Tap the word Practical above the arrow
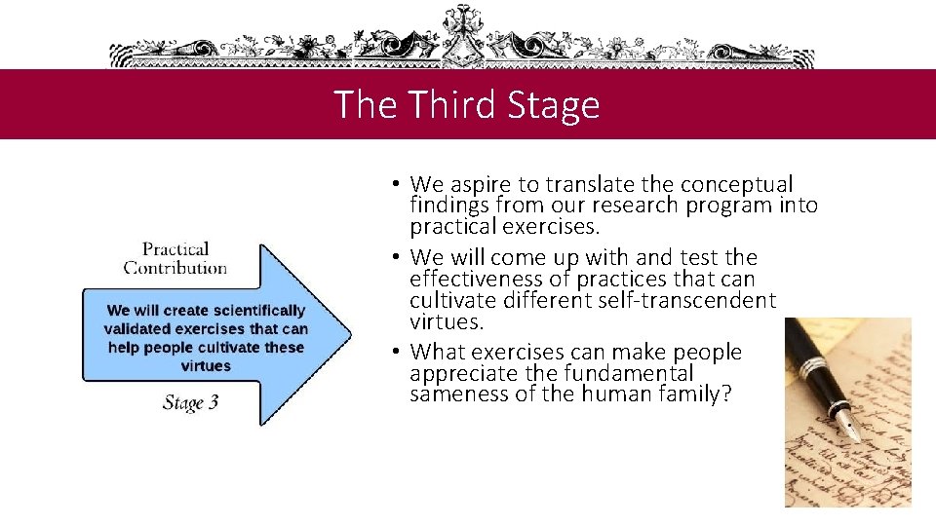click(175, 249)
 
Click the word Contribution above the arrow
click(175, 268)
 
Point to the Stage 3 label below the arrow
click(190, 403)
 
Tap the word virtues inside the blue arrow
click(206, 366)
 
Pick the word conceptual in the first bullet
click(737, 184)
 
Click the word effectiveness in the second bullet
click(475, 279)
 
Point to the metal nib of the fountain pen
click(848, 425)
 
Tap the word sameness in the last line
click(452, 394)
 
